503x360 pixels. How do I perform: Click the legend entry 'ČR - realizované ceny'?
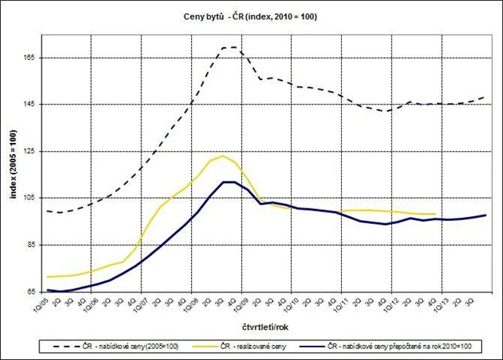click(267, 346)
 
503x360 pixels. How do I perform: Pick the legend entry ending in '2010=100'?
click(402, 346)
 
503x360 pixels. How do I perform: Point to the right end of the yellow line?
click(435, 214)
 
